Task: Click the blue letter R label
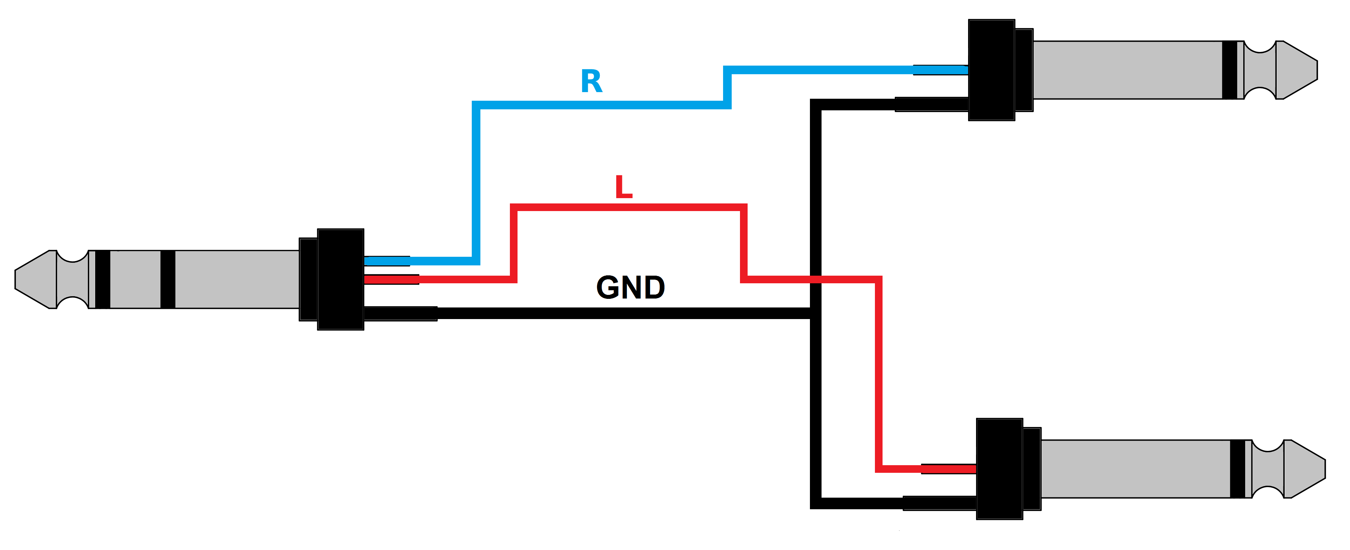pos(592,82)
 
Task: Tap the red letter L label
pos(623,187)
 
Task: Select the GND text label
pos(631,288)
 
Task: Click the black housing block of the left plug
pos(340,279)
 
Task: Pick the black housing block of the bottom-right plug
pos(999,469)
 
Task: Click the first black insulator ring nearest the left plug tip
pos(103,279)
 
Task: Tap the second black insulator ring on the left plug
pos(168,279)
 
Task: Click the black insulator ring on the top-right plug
pos(1229,70)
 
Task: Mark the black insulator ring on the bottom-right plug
pos(1237,469)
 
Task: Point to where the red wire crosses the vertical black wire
pos(816,279)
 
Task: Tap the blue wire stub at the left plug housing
pos(387,261)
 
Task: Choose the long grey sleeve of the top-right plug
pos(1127,70)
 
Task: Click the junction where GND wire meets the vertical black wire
pos(816,313)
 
